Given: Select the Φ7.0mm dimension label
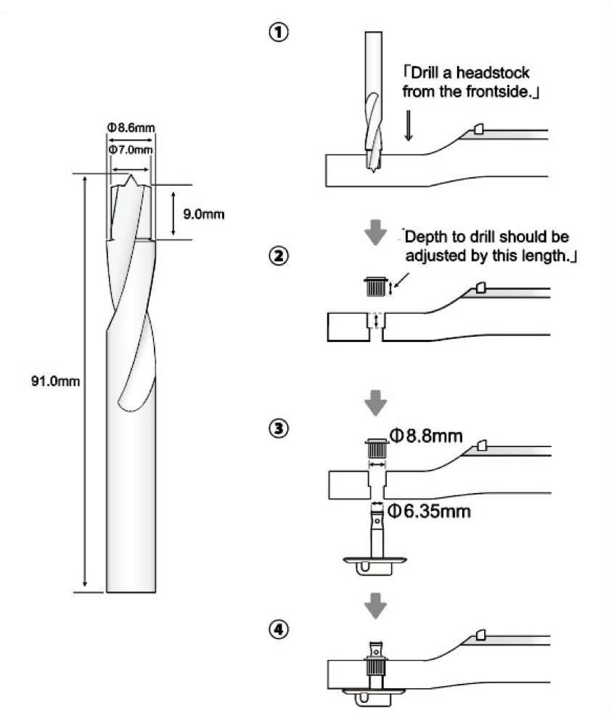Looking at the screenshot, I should click(x=131, y=149).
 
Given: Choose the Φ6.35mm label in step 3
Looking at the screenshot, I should click(x=430, y=510).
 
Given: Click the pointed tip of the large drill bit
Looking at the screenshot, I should click(x=131, y=176).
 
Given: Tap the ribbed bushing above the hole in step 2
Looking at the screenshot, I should click(x=374, y=287).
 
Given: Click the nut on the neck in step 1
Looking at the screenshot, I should click(x=478, y=129).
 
